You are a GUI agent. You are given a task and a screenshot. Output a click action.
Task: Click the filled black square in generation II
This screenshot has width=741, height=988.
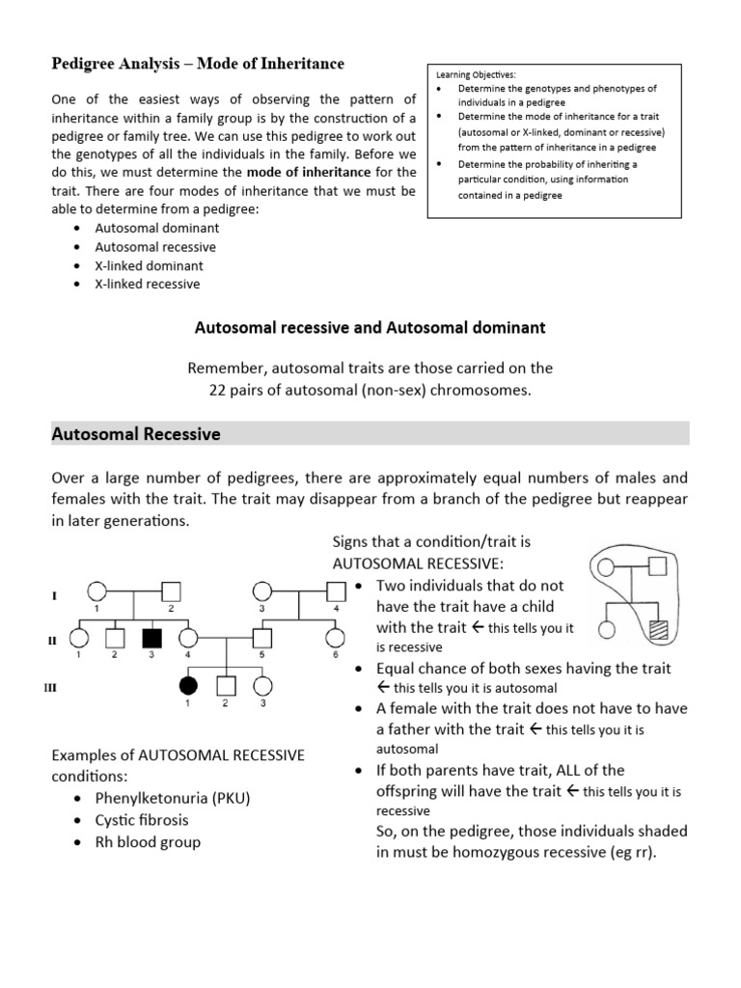click(151, 638)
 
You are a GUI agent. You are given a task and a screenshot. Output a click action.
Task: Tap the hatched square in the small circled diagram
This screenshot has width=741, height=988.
click(658, 630)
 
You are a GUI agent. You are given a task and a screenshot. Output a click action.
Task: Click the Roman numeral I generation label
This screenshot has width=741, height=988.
click(54, 596)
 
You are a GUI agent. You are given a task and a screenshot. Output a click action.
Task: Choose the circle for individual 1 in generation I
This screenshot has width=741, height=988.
click(96, 590)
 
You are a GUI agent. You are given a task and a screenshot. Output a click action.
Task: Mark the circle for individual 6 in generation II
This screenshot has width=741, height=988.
click(335, 638)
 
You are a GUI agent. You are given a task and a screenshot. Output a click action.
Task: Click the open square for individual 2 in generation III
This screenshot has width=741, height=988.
click(225, 685)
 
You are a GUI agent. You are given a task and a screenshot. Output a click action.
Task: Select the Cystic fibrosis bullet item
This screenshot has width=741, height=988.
click(142, 820)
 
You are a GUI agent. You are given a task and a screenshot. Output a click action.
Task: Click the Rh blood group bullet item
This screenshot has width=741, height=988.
click(148, 841)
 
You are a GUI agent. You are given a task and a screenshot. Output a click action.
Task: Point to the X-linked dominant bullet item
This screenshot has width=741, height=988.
click(150, 265)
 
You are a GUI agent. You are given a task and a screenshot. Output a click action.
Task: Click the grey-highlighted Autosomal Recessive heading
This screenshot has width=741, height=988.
click(136, 434)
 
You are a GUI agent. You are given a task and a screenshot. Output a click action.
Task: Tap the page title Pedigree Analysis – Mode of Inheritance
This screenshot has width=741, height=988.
click(197, 64)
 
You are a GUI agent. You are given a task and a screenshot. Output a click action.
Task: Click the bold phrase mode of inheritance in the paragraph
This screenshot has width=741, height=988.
click(309, 172)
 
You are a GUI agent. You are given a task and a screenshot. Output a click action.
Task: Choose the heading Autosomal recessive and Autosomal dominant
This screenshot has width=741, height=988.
click(370, 328)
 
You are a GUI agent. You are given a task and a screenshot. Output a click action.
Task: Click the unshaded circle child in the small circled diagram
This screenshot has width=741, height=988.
click(607, 630)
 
